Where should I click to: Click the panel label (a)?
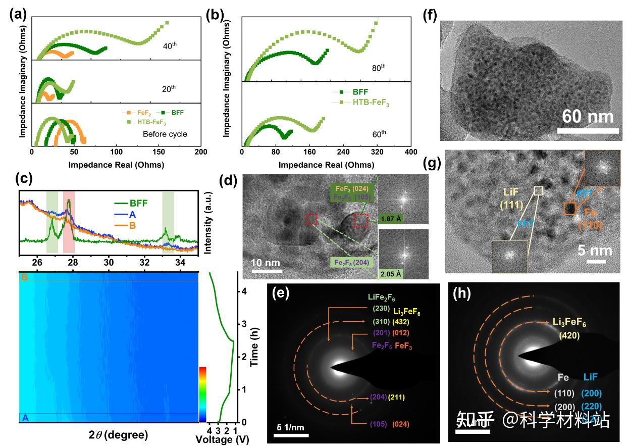pos(18,14)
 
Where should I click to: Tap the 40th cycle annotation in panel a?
pos(170,46)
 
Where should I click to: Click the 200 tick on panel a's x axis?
pos(201,153)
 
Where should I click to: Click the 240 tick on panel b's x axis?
pos(343,153)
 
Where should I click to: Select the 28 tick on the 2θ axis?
pos(73,262)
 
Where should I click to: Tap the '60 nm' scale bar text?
pos(588,117)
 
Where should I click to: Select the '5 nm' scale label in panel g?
pos(595,251)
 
